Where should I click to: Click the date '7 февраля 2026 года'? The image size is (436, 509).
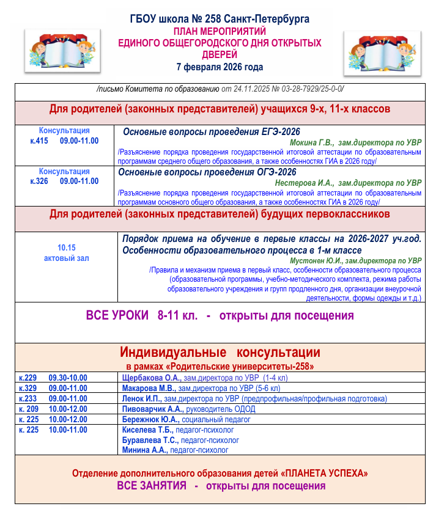pos(220,67)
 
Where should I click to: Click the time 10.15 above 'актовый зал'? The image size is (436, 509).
pos(66,248)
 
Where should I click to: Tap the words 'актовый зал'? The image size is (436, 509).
pos(66,258)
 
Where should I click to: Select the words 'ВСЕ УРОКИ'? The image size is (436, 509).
pos(117,316)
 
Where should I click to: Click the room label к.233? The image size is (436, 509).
pos(28,398)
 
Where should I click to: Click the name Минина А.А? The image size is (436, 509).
pos(146,450)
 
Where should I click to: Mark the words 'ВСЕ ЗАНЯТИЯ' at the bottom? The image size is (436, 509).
pos(152,486)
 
